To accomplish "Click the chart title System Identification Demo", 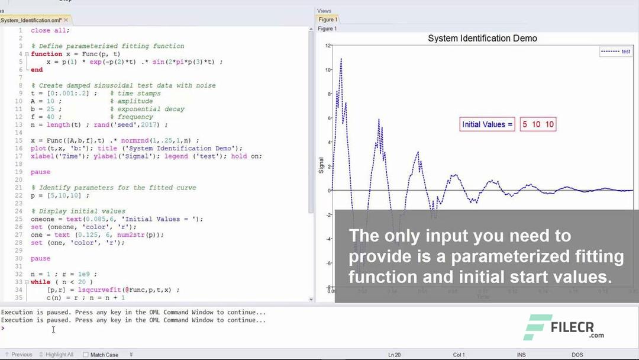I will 482,38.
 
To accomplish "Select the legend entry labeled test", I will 625,52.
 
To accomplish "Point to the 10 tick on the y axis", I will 328,70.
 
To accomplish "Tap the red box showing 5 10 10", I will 538,124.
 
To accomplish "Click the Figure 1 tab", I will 327,20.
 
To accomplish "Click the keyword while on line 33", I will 41,282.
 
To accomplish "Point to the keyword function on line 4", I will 46,54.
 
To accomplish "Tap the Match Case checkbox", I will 86,355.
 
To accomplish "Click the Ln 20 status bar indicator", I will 395,355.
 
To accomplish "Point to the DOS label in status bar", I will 577,355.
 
